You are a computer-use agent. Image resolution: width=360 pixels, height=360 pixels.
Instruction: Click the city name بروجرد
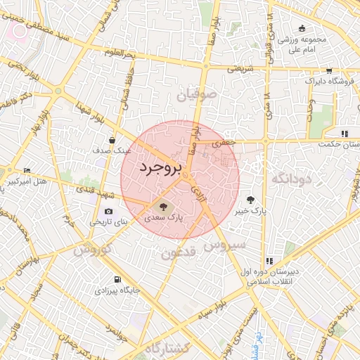(160, 168)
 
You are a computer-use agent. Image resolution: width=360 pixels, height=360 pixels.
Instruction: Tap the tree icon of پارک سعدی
(163, 207)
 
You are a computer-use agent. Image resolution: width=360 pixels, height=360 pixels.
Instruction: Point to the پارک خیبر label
(251, 211)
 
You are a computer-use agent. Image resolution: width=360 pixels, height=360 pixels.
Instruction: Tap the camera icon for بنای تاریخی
(108, 212)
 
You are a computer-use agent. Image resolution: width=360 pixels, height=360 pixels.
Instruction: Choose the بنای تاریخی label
(110, 222)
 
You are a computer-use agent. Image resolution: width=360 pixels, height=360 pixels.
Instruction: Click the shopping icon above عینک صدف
(112, 140)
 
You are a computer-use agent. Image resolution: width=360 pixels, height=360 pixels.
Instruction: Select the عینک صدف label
(113, 150)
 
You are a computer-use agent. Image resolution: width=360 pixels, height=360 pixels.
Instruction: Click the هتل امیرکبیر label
(26, 181)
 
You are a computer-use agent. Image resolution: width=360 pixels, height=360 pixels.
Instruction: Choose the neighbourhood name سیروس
(224, 245)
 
